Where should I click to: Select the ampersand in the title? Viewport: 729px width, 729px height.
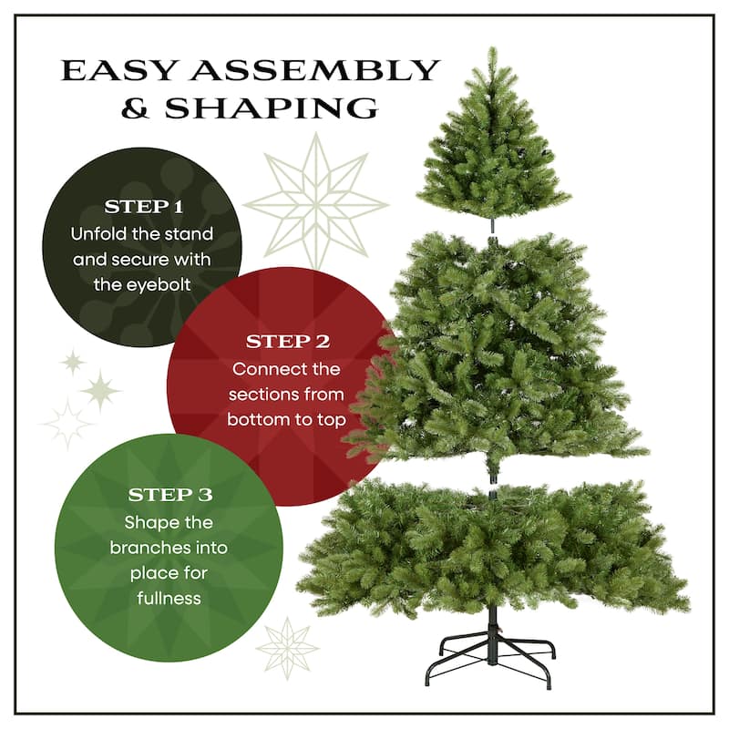137,109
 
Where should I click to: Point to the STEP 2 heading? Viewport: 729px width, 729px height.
287,342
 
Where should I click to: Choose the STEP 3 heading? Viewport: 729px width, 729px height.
169,495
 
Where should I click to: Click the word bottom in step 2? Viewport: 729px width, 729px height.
259,420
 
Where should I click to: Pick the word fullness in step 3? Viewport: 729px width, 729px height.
169,599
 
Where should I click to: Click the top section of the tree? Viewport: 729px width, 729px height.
493,146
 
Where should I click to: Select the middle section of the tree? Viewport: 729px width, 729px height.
497,346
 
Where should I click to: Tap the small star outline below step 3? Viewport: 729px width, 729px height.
287,648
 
